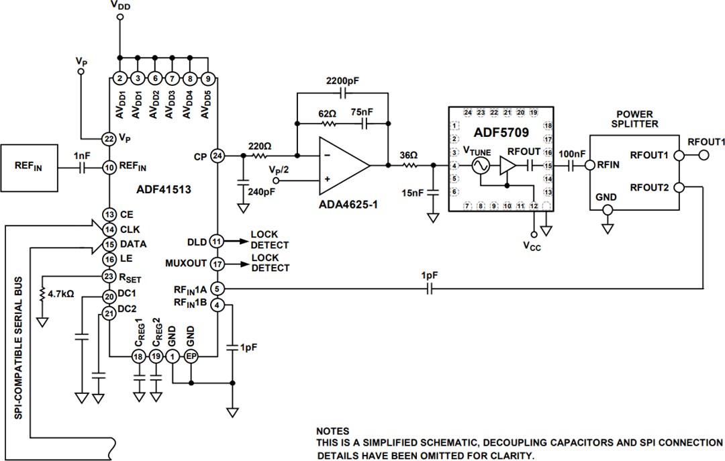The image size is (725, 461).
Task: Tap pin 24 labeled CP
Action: pyautogui.click(x=217, y=155)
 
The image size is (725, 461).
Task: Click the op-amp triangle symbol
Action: pyautogui.click(x=342, y=164)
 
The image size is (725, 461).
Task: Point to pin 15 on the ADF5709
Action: pyautogui.click(x=548, y=165)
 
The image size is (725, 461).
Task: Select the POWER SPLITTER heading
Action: pyautogui.click(x=634, y=119)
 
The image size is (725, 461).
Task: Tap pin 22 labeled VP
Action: pyautogui.click(x=108, y=138)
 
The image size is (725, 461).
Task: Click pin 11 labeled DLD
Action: pyautogui.click(x=216, y=240)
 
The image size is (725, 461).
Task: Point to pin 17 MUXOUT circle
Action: pyautogui.click(x=216, y=264)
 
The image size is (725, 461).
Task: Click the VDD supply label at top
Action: pyautogui.click(x=121, y=6)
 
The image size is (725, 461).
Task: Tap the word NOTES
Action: pyautogui.click(x=333, y=431)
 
